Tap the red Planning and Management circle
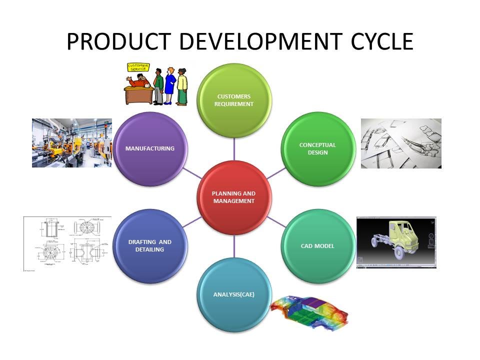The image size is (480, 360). [233, 197]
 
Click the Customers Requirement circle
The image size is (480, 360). [233, 100]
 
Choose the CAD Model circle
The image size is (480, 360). [317, 246]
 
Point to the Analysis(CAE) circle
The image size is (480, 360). [233, 294]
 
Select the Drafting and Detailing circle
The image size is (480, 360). [149, 245]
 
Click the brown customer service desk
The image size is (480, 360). [138, 93]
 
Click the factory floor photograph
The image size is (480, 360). [71, 142]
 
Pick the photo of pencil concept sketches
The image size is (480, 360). [401, 143]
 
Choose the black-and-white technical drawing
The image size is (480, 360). [67, 243]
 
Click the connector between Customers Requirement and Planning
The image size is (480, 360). [234, 149]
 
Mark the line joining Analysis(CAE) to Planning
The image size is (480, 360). [234, 246]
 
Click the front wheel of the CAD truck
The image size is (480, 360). [398, 252]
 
